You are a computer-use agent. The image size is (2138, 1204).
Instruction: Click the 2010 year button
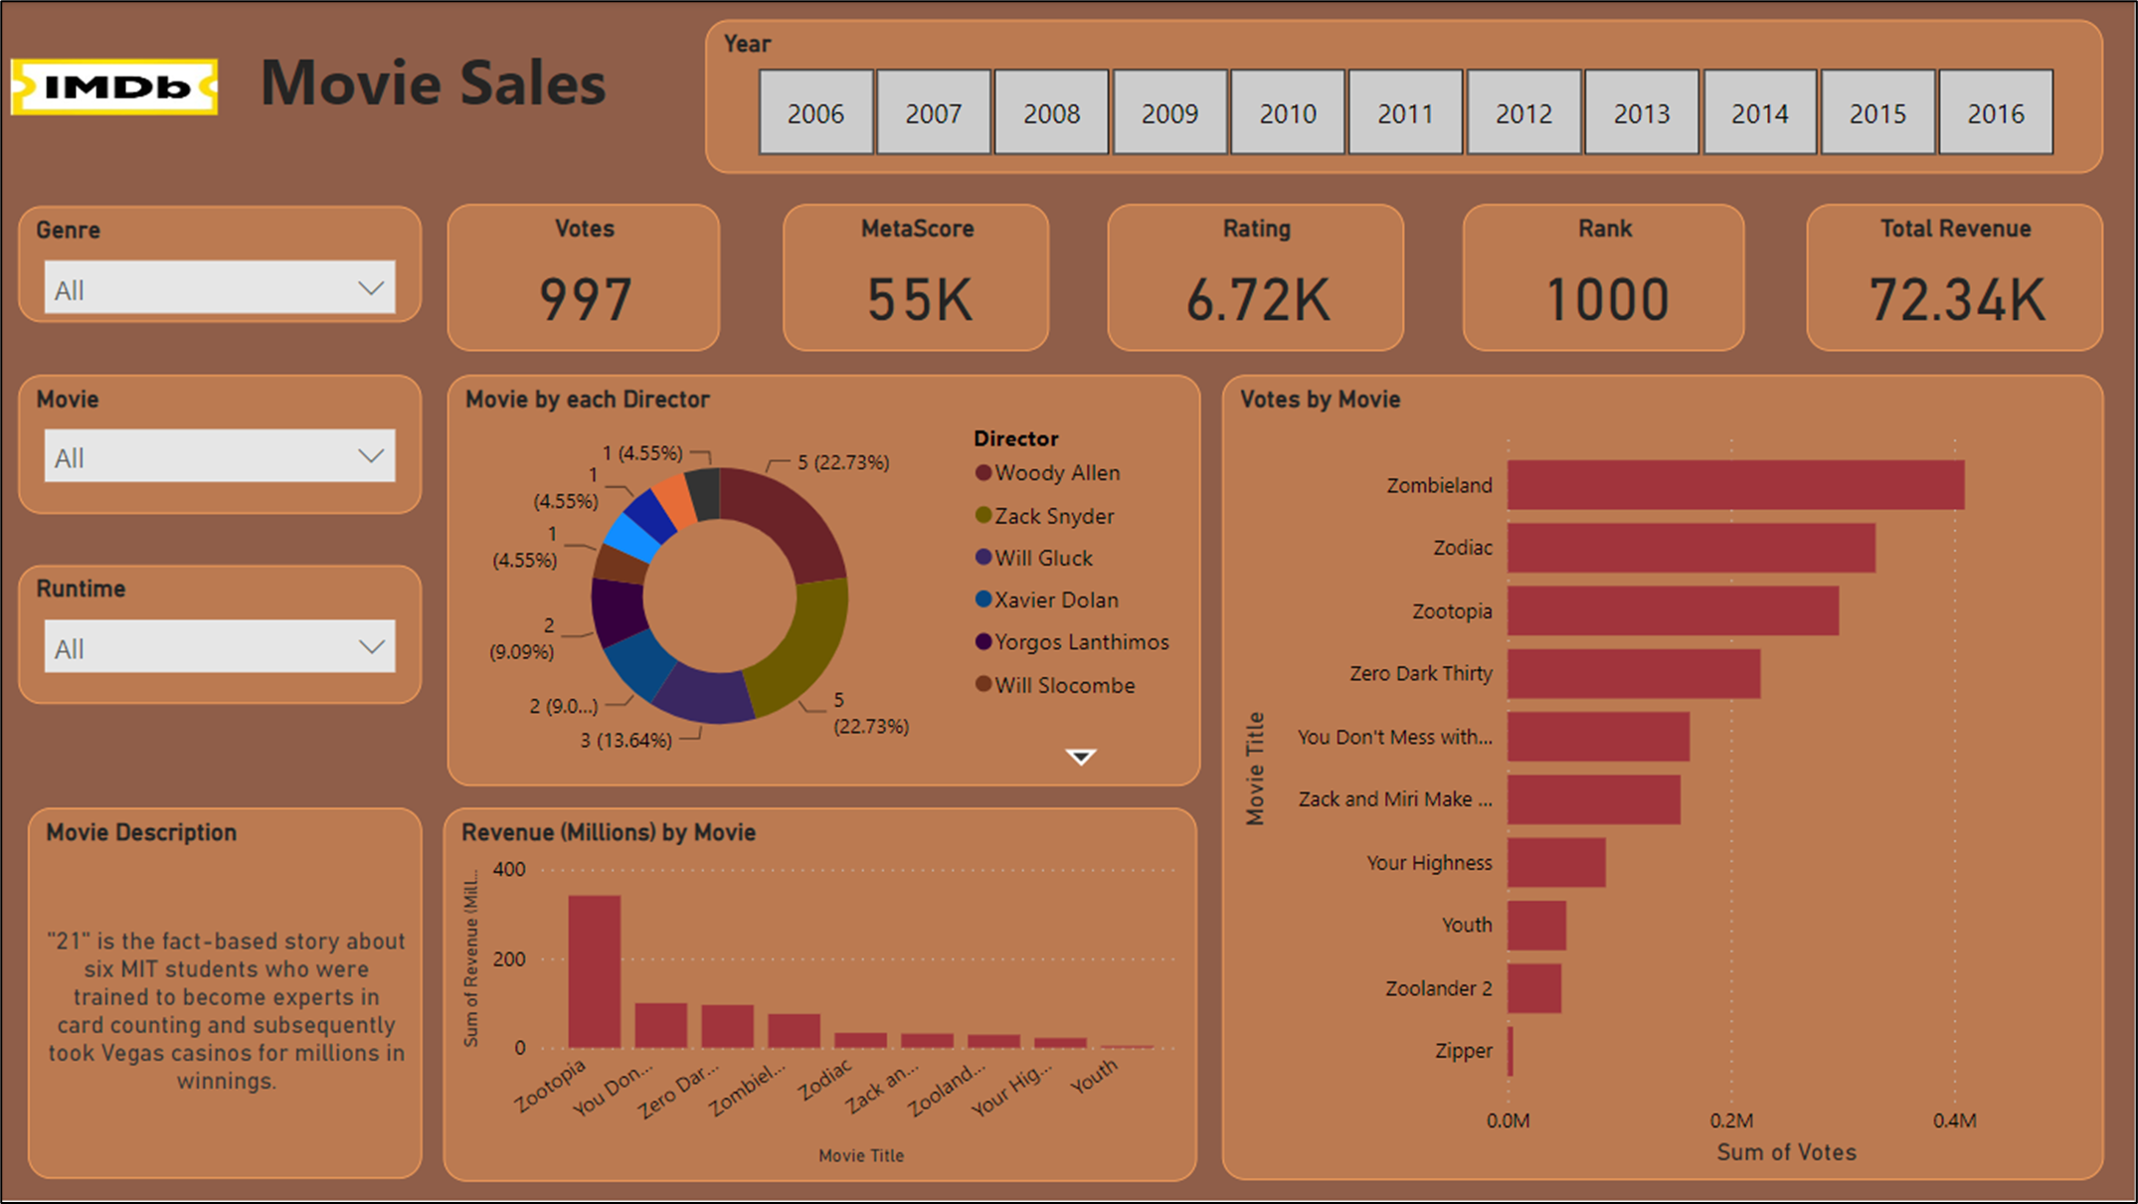coord(1288,112)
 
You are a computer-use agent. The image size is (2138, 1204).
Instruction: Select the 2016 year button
coord(1996,112)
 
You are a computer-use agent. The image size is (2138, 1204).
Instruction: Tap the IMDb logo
coord(114,87)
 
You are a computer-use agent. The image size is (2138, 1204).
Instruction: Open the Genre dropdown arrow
coord(371,288)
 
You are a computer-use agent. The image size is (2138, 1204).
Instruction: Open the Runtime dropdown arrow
coord(371,647)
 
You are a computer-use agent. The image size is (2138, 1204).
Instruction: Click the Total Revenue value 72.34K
coord(1956,299)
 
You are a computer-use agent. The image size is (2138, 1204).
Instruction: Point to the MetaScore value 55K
coord(918,299)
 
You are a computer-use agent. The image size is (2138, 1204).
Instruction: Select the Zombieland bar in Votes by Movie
coord(1735,485)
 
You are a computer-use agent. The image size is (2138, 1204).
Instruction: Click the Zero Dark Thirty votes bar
coord(1633,674)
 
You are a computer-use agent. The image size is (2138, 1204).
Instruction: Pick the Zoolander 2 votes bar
coord(1534,988)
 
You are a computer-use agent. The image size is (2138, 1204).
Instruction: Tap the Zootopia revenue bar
coord(595,971)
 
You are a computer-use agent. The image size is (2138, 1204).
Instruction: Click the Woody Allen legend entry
coord(1056,473)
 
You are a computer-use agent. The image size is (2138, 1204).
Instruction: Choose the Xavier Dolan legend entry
coord(1055,601)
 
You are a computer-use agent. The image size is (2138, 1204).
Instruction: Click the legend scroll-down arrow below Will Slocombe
coord(1081,758)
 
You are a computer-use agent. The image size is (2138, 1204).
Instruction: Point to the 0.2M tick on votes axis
coord(1731,1120)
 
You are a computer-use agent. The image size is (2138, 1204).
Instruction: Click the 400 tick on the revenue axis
coord(509,869)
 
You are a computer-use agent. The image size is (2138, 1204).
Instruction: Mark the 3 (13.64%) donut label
coord(626,741)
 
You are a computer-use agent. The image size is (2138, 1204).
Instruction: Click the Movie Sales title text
coord(433,84)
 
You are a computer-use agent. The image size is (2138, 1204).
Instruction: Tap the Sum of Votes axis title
coord(1786,1152)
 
